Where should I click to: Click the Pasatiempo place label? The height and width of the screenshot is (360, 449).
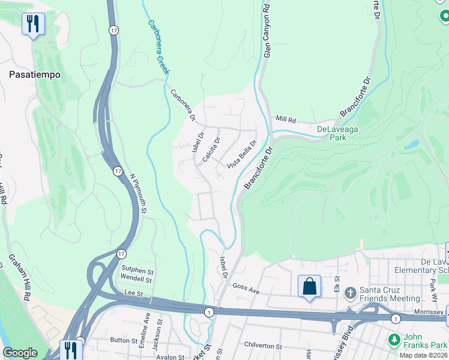click(34, 74)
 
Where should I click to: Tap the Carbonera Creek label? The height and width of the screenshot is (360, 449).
click(159, 47)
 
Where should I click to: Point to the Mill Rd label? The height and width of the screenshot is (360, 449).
click(286, 120)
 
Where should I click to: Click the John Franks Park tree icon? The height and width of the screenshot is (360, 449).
click(394, 340)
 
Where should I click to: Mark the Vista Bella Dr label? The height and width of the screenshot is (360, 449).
click(242, 155)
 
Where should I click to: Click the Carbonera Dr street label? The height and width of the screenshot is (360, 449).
click(183, 106)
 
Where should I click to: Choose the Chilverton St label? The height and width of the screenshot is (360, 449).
click(262, 347)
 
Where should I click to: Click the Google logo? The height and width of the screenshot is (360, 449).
click(20, 353)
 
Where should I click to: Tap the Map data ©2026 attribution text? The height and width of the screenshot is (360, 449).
click(423, 355)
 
